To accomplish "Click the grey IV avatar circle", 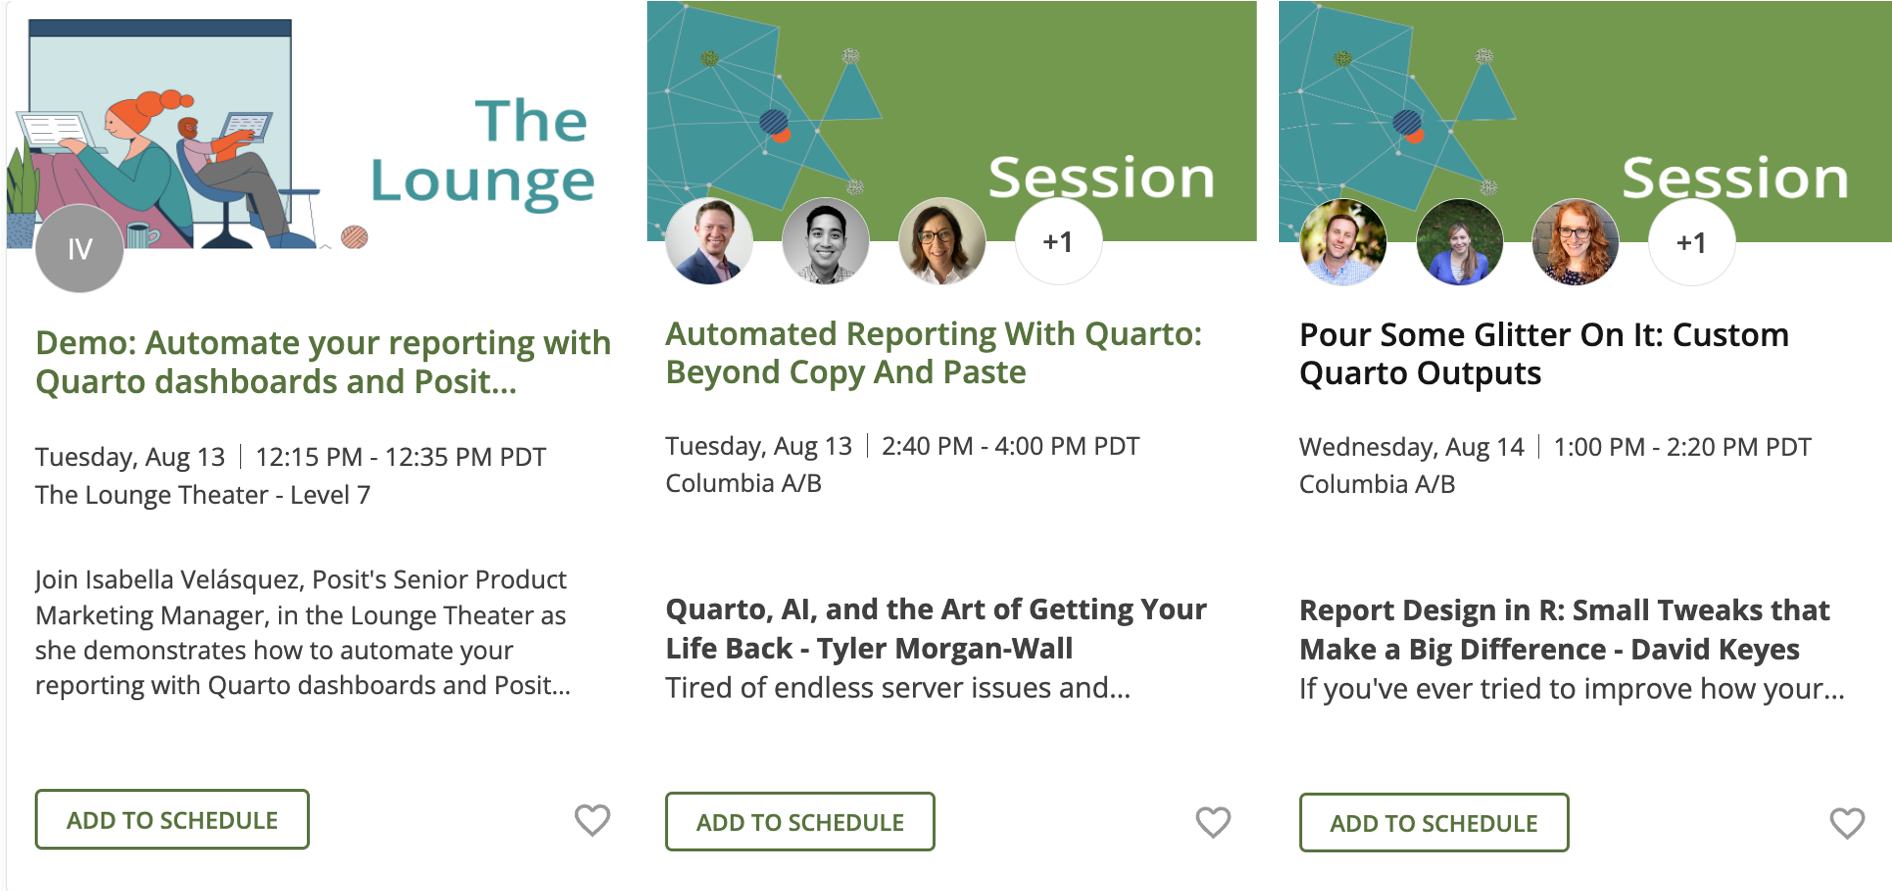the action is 79,248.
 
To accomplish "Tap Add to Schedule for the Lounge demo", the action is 172,819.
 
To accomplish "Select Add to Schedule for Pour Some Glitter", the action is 1434,823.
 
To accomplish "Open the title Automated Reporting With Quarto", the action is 933,353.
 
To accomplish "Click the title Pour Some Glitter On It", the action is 1544,354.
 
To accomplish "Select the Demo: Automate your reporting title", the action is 323,362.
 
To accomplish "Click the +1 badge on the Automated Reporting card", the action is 1058,242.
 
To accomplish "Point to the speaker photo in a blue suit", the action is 709,241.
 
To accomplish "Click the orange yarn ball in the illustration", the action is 354,236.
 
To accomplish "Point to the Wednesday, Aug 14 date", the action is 1412,447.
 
